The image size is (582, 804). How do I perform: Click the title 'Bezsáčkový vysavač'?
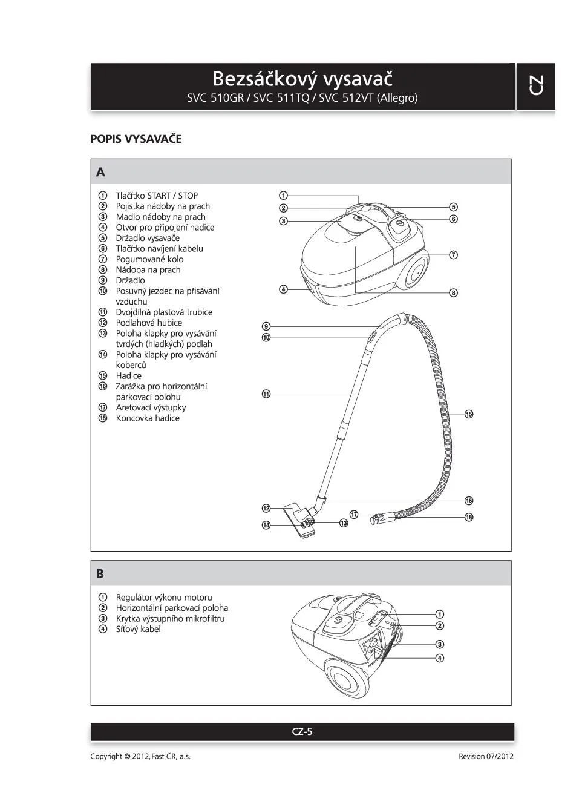click(302, 79)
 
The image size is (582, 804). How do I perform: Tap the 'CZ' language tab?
click(535, 85)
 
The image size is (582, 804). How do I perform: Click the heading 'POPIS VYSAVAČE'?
click(136, 139)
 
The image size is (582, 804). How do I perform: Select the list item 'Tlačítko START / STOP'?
click(157, 196)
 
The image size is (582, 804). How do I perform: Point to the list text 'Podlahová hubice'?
click(149, 323)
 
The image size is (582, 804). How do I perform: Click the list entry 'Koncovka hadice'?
click(148, 418)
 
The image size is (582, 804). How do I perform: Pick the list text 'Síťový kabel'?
click(138, 629)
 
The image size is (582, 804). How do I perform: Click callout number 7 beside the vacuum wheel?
click(454, 255)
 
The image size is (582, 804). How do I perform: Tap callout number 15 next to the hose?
click(469, 414)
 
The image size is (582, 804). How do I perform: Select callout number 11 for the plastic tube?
click(266, 394)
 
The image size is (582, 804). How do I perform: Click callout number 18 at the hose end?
click(469, 517)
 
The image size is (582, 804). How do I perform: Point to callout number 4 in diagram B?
click(440, 658)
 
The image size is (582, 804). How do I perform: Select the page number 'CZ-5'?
click(302, 731)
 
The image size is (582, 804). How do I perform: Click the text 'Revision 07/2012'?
click(486, 756)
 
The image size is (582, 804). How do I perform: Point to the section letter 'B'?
click(100, 573)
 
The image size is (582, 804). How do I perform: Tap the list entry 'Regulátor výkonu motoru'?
click(164, 598)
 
